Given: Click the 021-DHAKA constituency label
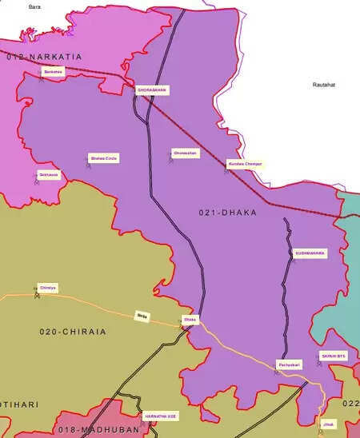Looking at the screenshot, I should point(227,213).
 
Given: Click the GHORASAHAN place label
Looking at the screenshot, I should point(152,90).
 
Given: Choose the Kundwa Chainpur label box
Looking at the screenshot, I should point(245,163).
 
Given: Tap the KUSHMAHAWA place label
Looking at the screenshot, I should point(310,253).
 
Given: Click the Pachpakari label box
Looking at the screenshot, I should point(289,364).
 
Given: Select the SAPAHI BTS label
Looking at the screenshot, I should point(334,355).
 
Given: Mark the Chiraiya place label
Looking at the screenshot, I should point(48,287).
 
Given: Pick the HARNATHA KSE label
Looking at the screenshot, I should point(160,416).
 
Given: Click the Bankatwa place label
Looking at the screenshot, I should point(52,71).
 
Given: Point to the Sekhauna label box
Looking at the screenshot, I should point(49,174).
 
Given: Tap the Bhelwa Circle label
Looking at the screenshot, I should point(104,158).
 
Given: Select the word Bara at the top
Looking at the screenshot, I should point(34,6).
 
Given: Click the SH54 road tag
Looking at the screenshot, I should point(142,315).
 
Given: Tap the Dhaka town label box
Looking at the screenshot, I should point(190,320).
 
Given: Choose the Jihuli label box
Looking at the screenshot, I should point(328,423).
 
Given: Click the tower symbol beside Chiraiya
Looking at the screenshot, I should point(35,293).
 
